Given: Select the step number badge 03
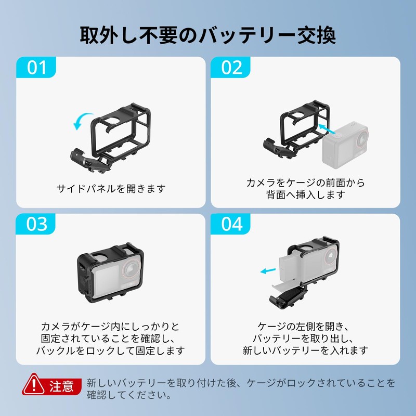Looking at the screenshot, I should (37, 224).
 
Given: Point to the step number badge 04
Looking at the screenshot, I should (232, 224).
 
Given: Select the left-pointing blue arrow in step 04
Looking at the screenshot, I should (268, 271).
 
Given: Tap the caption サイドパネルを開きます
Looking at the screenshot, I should (111, 188).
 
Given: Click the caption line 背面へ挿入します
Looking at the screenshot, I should (305, 196).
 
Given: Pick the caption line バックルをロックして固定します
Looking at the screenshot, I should (110, 350).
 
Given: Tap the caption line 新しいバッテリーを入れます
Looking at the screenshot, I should (305, 350).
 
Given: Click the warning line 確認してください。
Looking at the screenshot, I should (129, 395).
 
